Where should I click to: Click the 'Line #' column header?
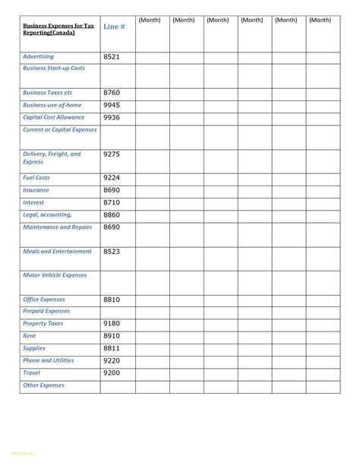pos(114,27)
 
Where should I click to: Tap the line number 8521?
pos(112,57)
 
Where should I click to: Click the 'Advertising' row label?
pos(38,57)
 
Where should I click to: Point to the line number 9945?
pos(112,105)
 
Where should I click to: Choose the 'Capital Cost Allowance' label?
pos(54,118)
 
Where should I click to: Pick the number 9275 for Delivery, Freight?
pos(112,154)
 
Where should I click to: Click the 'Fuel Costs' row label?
pos(36,178)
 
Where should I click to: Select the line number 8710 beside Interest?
pos(112,203)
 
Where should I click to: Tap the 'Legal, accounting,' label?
pos(47,215)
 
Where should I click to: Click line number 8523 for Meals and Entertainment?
pos(112,251)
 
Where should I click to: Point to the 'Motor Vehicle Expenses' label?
pos(55,275)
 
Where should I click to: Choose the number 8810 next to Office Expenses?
pos(112,300)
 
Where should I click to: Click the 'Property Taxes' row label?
pos(43,324)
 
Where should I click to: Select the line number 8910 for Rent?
pos(112,335)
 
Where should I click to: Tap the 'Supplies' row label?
pos(35,348)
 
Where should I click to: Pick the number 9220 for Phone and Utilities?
pos(112,361)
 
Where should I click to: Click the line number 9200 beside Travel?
pos(112,373)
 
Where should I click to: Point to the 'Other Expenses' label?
pos(43,385)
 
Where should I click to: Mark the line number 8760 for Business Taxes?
pos(112,93)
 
